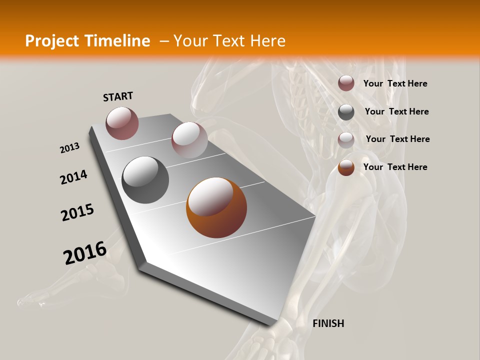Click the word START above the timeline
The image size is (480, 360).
(118, 96)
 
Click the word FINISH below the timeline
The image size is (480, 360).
(328, 323)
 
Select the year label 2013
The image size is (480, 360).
(69, 148)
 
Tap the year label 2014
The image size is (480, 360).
(73, 177)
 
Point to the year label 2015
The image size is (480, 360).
(77, 212)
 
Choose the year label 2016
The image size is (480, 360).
(85, 253)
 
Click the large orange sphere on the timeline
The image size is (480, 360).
(216, 207)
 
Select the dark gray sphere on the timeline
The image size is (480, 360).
(145, 180)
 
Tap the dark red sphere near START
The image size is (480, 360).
(122, 123)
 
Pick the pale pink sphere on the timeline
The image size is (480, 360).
(189, 140)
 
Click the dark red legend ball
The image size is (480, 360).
(346, 83)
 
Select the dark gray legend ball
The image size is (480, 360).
(346, 112)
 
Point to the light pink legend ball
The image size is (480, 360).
(346, 139)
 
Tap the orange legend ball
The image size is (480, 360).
(346, 167)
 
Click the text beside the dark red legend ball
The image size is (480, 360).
(395, 83)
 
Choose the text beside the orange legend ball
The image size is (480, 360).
(395, 167)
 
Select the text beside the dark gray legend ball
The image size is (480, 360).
(396, 111)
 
